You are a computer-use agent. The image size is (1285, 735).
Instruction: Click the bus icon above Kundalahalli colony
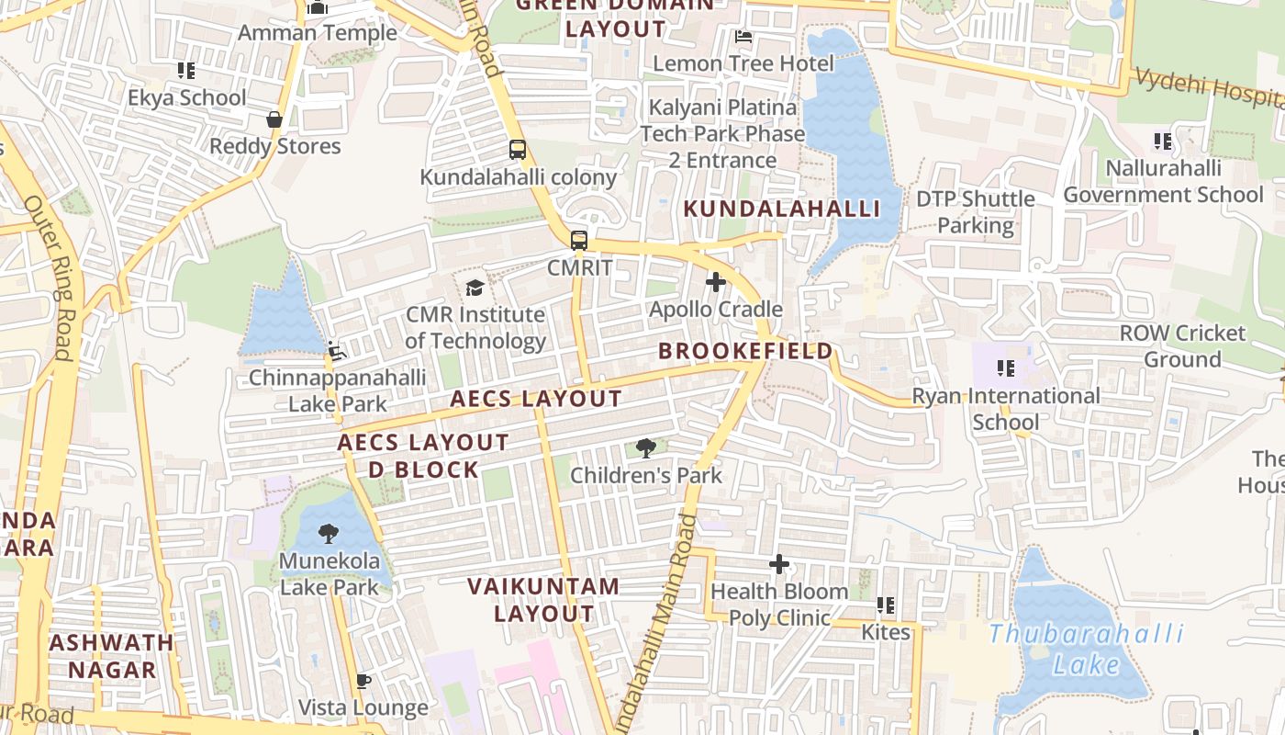pos(518,150)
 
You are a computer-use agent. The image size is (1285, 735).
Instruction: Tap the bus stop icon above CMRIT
pos(578,241)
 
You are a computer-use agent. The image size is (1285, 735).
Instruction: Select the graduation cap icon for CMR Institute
pos(475,288)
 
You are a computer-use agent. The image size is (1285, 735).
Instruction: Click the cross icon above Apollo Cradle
pos(716,282)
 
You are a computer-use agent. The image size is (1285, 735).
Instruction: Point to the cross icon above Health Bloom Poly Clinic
pos(778,564)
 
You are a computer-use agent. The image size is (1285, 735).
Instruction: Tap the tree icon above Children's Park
pos(646,448)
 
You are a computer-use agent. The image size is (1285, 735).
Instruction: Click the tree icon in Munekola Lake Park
pos(329,534)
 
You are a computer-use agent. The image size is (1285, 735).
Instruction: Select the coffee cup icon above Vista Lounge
pos(363,681)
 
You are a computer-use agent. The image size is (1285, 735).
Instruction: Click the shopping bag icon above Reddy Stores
pos(274,119)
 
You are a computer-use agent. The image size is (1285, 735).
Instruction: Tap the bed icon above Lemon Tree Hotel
pos(743,37)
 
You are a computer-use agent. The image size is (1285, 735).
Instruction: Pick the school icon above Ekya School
pos(186,71)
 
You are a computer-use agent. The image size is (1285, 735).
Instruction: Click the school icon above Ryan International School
pos(1006,369)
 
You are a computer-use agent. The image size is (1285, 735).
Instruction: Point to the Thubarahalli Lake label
pos(1087,649)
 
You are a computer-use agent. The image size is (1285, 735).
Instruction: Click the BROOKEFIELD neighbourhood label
pos(745,351)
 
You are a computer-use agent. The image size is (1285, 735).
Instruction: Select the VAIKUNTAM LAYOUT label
pos(543,599)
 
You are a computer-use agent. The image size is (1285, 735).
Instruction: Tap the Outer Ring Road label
pos(50,276)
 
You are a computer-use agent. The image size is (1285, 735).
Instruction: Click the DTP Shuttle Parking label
pos(975,212)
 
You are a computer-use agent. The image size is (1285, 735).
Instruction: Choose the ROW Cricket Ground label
pos(1182,346)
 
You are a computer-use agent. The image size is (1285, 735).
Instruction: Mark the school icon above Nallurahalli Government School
pos(1163,141)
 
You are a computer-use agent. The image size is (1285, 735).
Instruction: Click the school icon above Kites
pos(886,605)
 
